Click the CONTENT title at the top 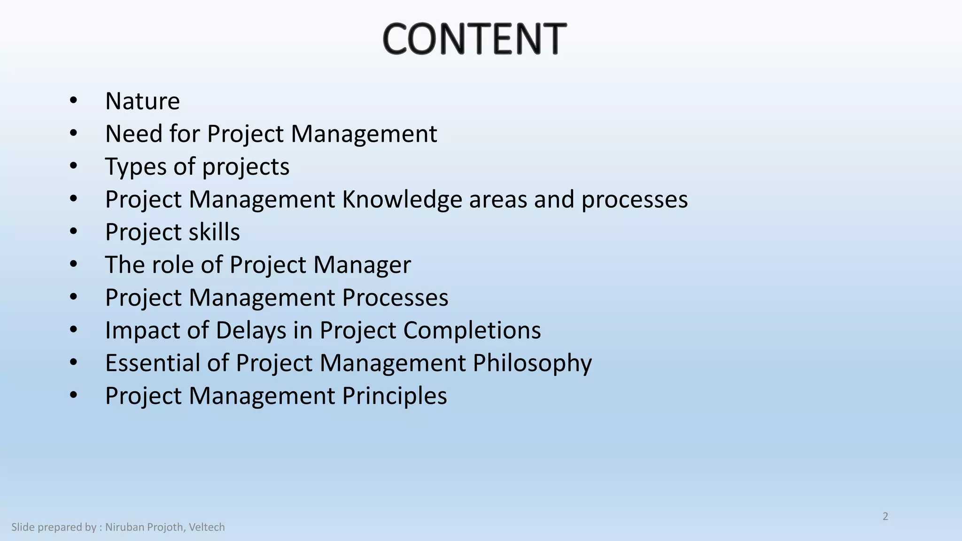point(474,39)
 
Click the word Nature point(142,101)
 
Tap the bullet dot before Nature point(73,100)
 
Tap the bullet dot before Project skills point(73,232)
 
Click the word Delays point(251,330)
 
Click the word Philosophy point(532,364)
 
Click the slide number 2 point(885,517)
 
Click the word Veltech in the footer point(207,527)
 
